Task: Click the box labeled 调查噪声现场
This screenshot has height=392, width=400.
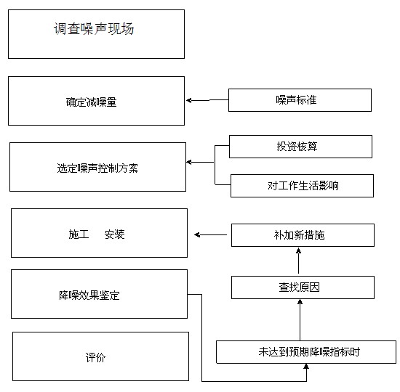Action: pos(96,34)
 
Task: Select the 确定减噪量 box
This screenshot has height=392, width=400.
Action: pos(96,101)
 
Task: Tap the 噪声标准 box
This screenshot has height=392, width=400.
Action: pos(300,100)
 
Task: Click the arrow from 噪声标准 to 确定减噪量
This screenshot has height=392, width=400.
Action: pos(207,100)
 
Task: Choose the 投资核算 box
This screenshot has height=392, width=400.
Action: pos(300,147)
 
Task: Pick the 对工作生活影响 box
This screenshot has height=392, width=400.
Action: pos(302,186)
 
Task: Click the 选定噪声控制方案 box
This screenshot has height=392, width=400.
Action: pos(97,167)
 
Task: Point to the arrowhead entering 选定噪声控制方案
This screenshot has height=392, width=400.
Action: pos(189,163)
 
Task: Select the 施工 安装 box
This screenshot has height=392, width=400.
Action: pos(99,233)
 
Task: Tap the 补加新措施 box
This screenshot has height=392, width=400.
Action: pos(303,235)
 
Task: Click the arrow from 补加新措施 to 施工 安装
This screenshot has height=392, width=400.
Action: pos(210,235)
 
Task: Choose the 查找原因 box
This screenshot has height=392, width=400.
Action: pos(303,287)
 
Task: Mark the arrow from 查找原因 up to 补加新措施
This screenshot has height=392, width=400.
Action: pos(298,261)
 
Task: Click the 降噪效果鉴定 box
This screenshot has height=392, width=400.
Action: pos(99,294)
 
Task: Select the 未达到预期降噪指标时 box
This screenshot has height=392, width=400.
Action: pos(306,352)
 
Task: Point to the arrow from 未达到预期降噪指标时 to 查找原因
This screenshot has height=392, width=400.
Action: pos(300,320)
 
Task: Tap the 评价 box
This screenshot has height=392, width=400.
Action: pos(101,356)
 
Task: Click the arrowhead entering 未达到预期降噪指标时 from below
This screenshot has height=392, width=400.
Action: pos(306,367)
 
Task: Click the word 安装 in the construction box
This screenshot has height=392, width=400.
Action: pos(114,234)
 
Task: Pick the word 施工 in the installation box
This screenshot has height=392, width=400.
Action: pos(79,234)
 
